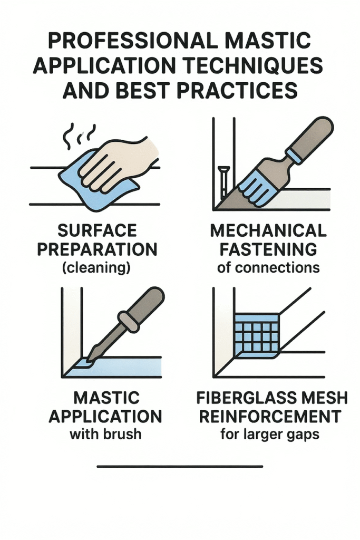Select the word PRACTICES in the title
pos(238,90)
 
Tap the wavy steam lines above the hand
pos(78,136)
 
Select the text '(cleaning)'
pos(96,268)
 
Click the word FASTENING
pos(268,249)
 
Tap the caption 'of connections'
pos(268,267)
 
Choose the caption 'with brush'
pos(105,434)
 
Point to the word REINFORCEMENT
pos(270,417)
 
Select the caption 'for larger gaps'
pos(270,435)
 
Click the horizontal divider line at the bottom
pos(180,467)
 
